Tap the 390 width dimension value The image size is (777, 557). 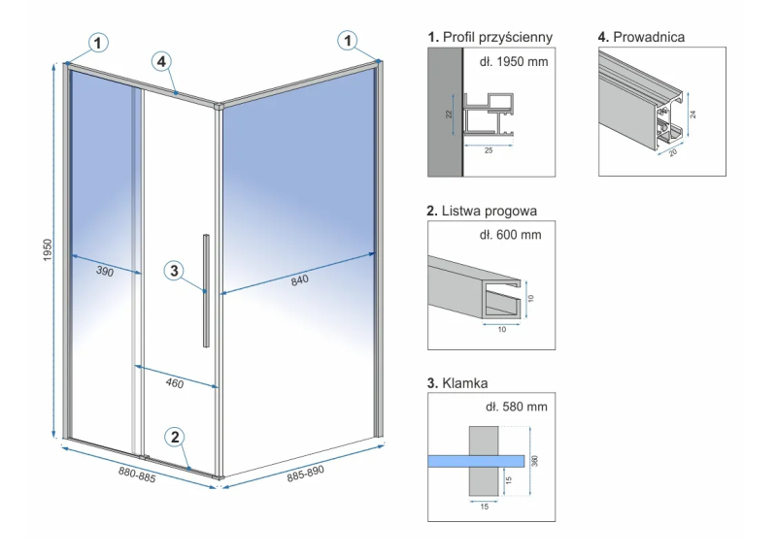click(105, 273)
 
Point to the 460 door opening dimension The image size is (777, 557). click(175, 383)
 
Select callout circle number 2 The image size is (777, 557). click(176, 437)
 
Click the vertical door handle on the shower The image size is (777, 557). click(205, 290)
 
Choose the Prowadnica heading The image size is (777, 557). click(642, 37)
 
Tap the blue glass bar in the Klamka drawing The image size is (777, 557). click(477, 459)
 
